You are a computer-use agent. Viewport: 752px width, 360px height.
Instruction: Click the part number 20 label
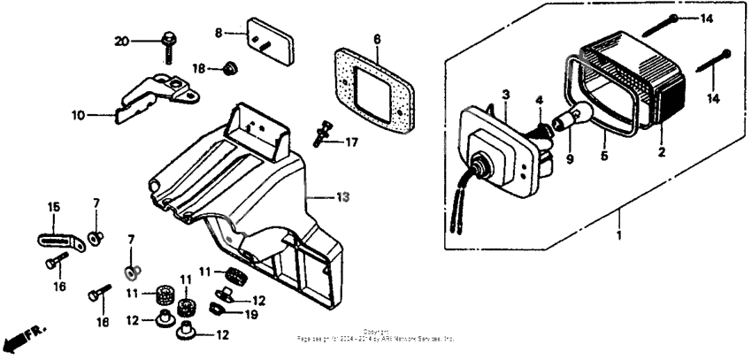click(122, 42)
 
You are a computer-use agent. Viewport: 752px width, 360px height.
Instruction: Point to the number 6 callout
click(376, 39)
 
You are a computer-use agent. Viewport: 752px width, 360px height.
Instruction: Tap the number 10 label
click(78, 114)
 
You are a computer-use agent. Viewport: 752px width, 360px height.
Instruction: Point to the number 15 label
click(54, 207)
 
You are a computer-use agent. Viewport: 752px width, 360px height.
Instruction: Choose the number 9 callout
click(570, 161)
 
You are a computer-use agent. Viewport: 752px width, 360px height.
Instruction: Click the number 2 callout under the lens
click(662, 152)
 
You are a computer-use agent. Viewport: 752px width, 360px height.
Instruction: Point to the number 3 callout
click(506, 94)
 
